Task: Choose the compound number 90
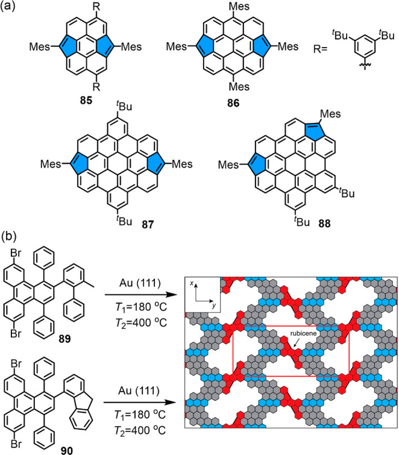[x=61, y=447]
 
